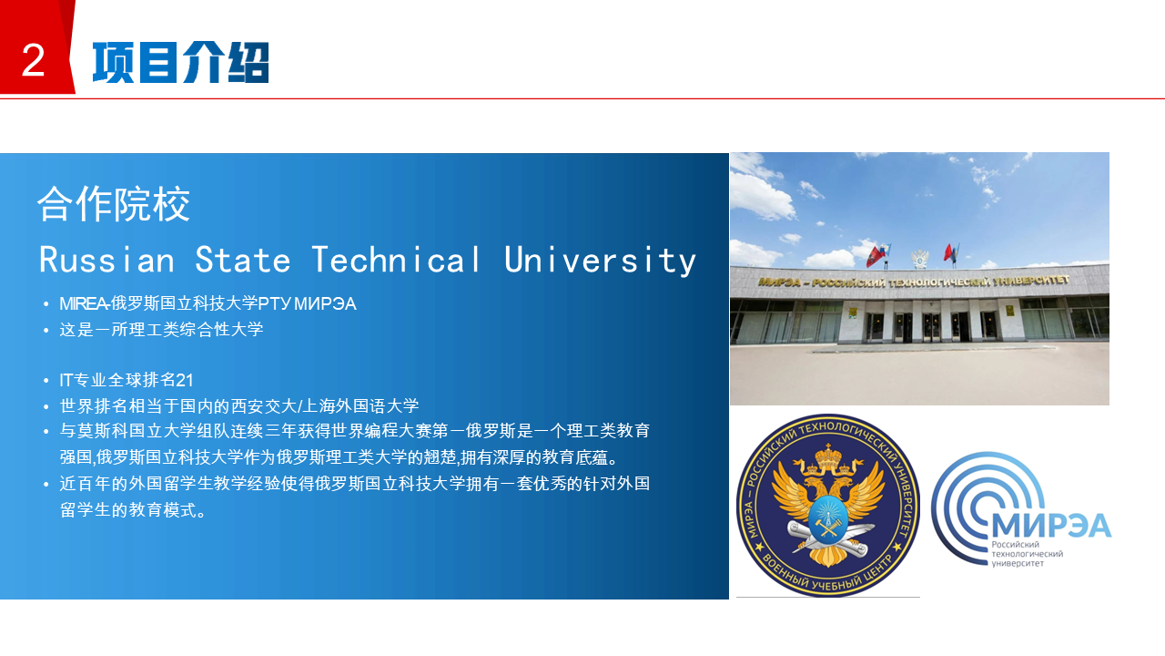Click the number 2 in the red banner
[34, 60]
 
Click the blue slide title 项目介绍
[181, 63]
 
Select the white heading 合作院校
[114, 204]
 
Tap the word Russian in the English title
[107, 260]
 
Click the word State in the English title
[242, 260]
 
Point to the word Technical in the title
[396, 260]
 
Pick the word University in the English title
[600, 261]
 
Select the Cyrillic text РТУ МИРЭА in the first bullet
[308, 303]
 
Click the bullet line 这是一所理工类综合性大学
[161, 330]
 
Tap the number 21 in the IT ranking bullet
[185, 380]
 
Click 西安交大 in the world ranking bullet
[263, 405]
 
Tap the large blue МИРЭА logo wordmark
[1051, 525]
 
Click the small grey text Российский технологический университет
[1027, 553]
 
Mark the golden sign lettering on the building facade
[914, 282]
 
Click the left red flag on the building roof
[876, 256]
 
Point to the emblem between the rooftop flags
[919, 259]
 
